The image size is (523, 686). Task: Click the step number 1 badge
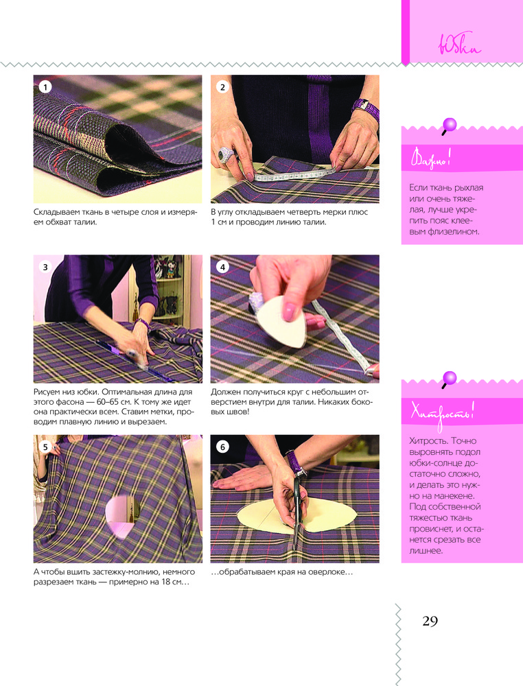(x=45, y=87)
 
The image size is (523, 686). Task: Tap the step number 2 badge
(x=222, y=87)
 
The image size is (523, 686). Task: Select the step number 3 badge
(x=45, y=267)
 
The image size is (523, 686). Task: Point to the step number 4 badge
(x=222, y=267)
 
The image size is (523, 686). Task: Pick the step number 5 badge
(x=45, y=447)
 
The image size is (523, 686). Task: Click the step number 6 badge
(x=222, y=447)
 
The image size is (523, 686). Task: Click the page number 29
(x=430, y=621)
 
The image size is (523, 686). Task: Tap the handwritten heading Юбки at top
(x=459, y=44)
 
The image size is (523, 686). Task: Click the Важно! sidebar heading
(x=430, y=158)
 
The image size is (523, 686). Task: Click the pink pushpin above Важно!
(x=449, y=126)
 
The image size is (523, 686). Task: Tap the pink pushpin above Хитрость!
(x=449, y=379)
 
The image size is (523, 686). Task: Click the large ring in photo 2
(x=226, y=154)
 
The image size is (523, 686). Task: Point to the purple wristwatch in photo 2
(x=366, y=109)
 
